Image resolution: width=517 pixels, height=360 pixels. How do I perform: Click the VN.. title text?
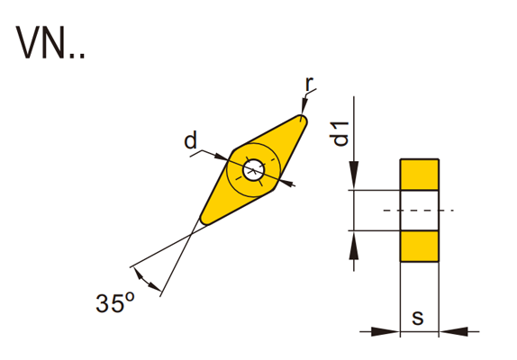(x=50, y=42)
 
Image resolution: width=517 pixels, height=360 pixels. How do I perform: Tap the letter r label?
(x=309, y=84)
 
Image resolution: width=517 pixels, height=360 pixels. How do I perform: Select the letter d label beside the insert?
(x=191, y=140)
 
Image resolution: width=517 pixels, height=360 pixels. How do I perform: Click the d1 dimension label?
(x=341, y=133)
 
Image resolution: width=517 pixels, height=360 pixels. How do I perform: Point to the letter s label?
(x=418, y=318)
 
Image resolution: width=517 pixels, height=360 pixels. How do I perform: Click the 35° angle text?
(x=114, y=303)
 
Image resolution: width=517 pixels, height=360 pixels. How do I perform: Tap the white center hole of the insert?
(x=254, y=170)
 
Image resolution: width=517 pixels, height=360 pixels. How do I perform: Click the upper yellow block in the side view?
(x=420, y=175)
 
